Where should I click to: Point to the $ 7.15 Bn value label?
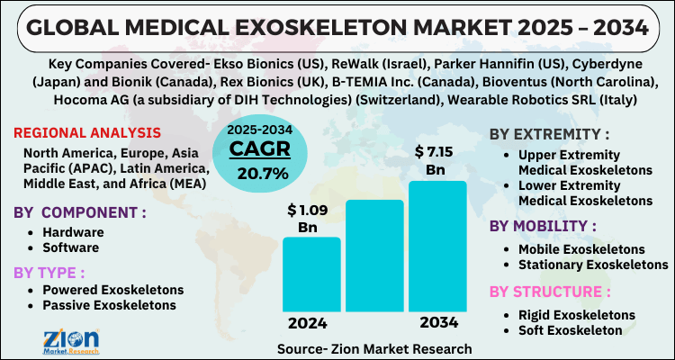click(436, 160)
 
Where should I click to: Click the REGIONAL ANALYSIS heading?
click(87, 133)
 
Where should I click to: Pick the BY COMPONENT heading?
click(80, 214)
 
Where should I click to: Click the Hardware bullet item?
click(78, 231)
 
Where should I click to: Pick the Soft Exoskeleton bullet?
click(570, 329)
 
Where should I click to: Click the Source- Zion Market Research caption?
click(374, 346)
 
